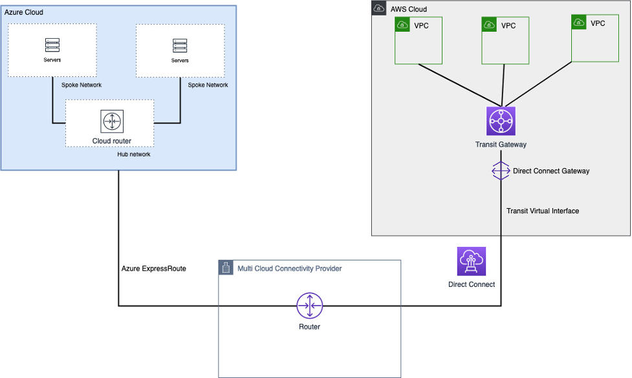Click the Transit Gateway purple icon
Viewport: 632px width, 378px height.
click(x=500, y=121)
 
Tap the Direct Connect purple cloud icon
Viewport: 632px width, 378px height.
click(x=471, y=261)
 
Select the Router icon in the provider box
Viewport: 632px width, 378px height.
click(x=309, y=305)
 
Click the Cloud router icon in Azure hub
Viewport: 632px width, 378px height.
click(x=112, y=121)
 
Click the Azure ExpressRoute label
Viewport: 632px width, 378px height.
click(x=154, y=268)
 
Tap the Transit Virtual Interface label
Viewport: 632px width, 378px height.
click(x=542, y=211)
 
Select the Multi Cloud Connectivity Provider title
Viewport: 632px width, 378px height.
click(x=289, y=268)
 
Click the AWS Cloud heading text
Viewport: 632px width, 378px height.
click(x=408, y=9)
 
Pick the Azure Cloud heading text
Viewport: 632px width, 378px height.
click(x=24, y=12)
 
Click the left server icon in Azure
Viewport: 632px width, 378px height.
click(x=52, y=45)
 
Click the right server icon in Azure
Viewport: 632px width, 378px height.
click(x=180, y=45)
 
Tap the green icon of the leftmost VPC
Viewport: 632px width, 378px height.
click(x=402, y=25)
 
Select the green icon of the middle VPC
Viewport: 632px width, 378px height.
click(x=489, y=25)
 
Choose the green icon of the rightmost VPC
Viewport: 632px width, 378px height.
click(x=579, y=23)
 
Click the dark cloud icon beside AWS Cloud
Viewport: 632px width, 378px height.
click(x=379, y=8)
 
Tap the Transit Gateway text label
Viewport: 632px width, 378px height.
click(x=501, y=145)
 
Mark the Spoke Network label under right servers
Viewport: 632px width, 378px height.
click(x=208, y=85)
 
